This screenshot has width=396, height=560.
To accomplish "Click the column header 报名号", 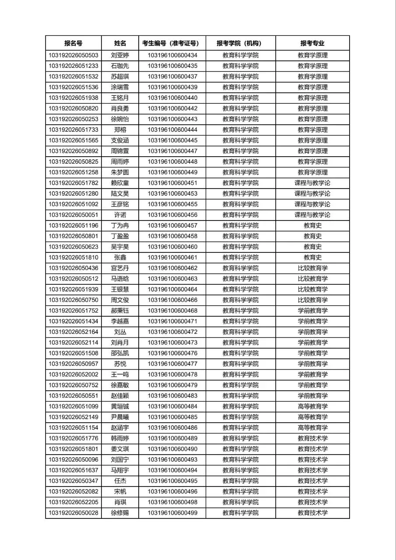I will (73, 43).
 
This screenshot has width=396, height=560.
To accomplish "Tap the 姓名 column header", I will (120, 43).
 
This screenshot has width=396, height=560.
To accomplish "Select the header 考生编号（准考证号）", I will (172, 43).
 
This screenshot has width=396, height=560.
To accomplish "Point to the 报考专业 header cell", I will (312, 43).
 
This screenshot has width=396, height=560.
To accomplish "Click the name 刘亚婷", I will (120, 56).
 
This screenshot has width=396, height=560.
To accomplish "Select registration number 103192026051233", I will (73, 66).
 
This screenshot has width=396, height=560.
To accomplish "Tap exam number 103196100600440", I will (172, 98).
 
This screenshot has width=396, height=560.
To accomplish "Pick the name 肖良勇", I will (120, 108).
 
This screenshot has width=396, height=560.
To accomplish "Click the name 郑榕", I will (120, 130).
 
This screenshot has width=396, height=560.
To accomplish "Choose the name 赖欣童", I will (120, 183).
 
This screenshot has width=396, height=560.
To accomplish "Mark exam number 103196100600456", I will (172, 215).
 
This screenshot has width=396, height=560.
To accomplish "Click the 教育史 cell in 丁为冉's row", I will (312, 225).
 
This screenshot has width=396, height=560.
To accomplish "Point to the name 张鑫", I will (120, 257).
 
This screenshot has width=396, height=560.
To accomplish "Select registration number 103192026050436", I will (73, 268).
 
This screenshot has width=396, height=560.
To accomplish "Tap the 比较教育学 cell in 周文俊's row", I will (312, 300).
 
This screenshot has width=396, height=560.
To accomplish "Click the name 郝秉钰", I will (120, 311).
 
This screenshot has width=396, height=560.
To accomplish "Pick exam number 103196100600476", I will (172, 353).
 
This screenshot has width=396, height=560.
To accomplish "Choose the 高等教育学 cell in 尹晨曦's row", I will (312, 417).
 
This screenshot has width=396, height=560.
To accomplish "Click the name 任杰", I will (120, 481).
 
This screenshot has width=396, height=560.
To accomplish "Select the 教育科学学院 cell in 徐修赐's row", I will (240, 513).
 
